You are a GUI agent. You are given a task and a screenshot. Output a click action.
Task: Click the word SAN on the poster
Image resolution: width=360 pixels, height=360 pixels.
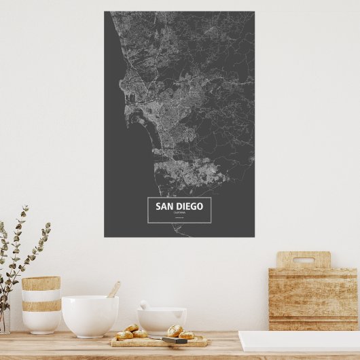pyautogui.click(x=164, y=206)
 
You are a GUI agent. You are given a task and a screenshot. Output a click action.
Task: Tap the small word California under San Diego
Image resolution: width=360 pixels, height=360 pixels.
pyautogui.click(x=179, y=214)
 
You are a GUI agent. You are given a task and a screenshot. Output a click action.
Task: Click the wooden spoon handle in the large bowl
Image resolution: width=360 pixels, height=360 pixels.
pyautogui.click(x=113, y=290)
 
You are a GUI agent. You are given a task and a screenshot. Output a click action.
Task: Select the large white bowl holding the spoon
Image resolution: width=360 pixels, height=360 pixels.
pyautogui.click(x=90, y=316)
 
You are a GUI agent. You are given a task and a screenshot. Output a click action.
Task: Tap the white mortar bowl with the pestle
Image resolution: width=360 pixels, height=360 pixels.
pyautogui.click(x=162, y=321)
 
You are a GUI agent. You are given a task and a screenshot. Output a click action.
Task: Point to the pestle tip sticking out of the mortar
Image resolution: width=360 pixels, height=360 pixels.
pyautogui.click(x=143, y=304)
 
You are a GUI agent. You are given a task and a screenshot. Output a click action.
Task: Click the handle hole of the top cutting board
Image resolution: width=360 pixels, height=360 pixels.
pyautogui.click(x=303, y=259)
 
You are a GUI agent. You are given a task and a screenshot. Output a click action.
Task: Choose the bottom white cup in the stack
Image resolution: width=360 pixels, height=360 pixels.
pyautogui.click(x=41, y=322)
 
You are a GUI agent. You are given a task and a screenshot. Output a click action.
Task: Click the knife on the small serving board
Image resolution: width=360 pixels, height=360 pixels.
pyautogui.click(x=175, y=340)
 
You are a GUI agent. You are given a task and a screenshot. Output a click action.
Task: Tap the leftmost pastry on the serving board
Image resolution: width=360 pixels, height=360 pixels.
pyautogui.click(x=125, y=334)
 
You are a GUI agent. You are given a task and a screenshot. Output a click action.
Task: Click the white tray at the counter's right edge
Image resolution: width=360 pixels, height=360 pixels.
pyautogui.click(x=299, y=340)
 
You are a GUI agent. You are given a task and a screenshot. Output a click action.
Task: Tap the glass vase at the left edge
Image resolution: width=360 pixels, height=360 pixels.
pyautogui.click(x=3, y=319)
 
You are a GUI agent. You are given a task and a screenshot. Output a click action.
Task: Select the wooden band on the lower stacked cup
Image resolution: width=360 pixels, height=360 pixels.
pyautogui.click(x=41, y=306)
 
